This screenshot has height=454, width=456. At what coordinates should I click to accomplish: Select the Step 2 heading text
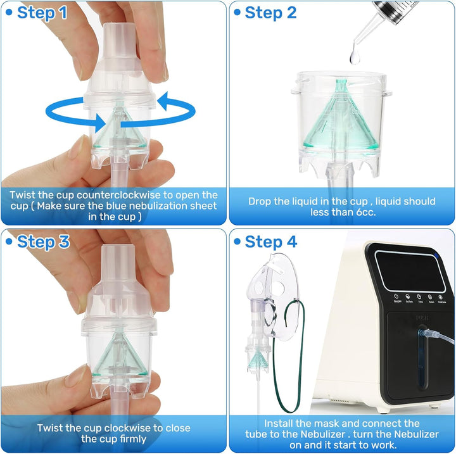[270, 12]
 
